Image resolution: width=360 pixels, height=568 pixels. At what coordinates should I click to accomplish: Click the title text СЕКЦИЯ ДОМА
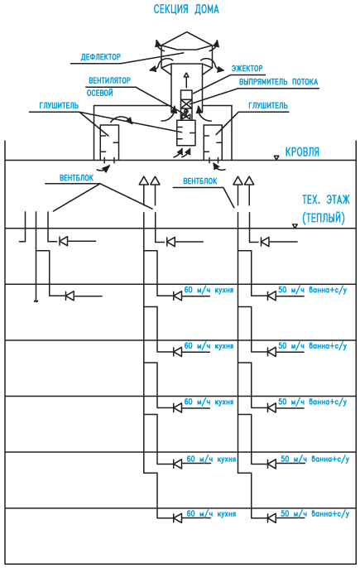pos(186,9)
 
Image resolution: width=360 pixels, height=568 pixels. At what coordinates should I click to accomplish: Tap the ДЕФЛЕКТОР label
pos(101,57)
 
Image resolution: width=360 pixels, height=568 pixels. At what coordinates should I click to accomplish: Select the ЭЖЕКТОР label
pos(247,68)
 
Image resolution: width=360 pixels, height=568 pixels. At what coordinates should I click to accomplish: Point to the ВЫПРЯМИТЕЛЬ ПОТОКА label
pos(279,82)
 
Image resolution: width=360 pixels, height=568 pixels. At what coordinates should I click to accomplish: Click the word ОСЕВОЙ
pos(99,93)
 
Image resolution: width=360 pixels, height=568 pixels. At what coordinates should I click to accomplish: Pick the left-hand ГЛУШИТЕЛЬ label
pos(59,105)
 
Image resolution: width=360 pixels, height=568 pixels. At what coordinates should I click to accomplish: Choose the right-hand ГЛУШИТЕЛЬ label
pos(268,105)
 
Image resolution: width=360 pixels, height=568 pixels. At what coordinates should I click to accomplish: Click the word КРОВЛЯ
pos(302,152)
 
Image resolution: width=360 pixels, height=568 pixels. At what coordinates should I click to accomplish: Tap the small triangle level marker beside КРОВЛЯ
pos(276,157)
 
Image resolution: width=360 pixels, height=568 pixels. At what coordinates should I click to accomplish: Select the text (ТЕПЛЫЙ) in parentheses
pos(324,217)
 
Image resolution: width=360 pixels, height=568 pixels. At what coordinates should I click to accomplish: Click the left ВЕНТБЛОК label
pos(76,178)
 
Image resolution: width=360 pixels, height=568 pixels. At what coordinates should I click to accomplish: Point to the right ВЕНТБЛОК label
pos(200,181)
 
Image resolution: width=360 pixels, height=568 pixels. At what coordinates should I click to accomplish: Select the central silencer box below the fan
pos(186,132)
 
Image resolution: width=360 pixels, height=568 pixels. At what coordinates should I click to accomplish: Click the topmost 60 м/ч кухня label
pos(209,290)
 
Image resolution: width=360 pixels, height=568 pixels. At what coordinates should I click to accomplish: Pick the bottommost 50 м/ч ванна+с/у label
pos(315,513)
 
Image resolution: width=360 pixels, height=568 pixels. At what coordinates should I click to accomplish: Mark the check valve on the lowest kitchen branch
pos(177,518)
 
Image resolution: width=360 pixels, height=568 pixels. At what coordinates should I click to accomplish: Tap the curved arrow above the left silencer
pos(122,119)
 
